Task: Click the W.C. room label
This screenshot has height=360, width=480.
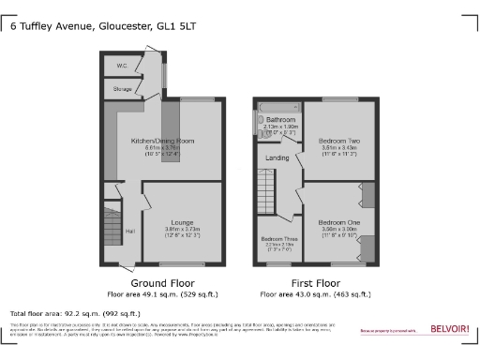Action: [122, 66]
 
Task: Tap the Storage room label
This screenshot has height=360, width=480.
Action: [123, 90]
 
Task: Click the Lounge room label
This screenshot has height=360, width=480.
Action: [183, 221]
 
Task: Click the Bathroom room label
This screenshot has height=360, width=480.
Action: [280, 120]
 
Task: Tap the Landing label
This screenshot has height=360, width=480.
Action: [277, 157]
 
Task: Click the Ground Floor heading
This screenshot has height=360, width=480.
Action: [162, 282]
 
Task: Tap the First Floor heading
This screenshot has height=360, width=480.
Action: [314, 282]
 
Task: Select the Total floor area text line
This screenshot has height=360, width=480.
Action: [75, 312]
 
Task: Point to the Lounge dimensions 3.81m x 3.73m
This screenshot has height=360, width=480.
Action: [183, 230]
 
